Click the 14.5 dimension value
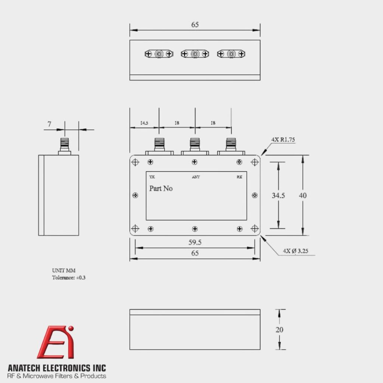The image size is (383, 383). click(144, 123)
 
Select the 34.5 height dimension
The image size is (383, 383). click(278, 195)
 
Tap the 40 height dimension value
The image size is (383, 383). click(303, 195)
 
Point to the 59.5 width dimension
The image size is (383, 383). click(195, 242)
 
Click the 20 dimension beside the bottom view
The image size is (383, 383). click(279, 330)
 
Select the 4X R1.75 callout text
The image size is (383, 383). click(284, 140)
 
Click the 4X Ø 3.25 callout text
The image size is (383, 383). click(295, 251)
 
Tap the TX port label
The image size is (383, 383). click(151, 177)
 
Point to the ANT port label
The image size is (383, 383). click(196, 177)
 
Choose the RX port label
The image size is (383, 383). click(239, 177)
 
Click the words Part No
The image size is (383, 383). click(161, 189)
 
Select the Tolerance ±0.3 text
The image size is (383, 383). click(66, 278)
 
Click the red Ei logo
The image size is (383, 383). click(56, 342)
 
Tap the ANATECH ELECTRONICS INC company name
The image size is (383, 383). click(57, 368)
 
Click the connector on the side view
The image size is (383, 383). click(64, 145)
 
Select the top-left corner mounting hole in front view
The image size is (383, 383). click(135, 162)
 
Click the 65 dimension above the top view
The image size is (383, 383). click(195, 25)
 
